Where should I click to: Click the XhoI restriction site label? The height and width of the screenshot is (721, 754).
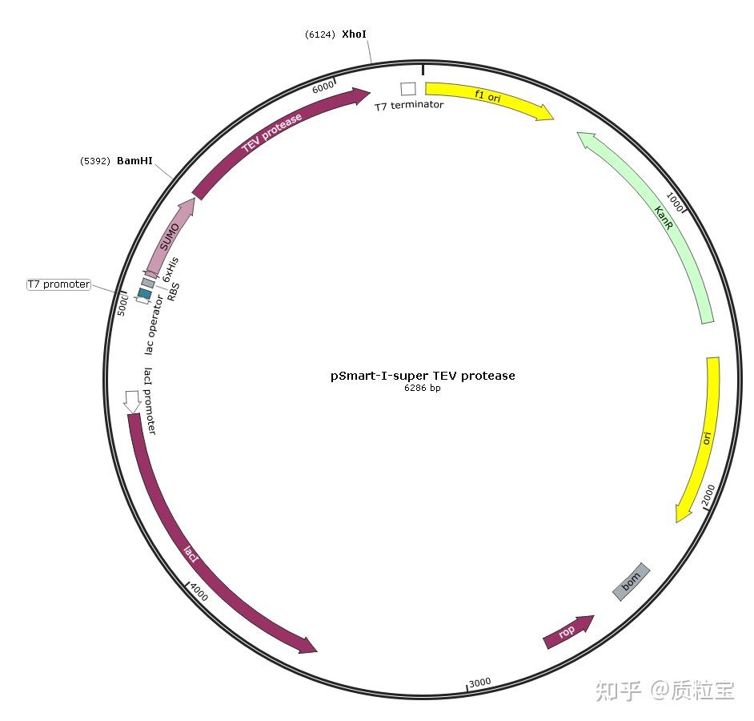[354, 34]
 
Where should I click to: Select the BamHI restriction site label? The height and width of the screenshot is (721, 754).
[134, 161]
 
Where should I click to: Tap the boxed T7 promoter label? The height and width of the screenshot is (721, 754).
[59, 284]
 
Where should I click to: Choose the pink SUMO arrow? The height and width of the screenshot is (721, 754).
[170, 236]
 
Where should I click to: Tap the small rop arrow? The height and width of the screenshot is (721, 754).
[568, 631]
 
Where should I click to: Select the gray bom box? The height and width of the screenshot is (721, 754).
[632, 581]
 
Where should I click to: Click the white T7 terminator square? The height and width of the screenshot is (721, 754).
[408, 89]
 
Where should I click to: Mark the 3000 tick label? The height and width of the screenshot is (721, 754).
[479, 683]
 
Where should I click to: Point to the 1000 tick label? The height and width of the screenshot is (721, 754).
[675, 203]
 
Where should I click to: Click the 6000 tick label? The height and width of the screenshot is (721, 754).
[323, 88]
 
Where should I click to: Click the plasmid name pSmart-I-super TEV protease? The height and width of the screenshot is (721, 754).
[423, 375]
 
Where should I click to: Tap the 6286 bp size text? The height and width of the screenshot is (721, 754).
[423, 389]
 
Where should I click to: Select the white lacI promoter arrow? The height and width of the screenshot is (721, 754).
[132, 401]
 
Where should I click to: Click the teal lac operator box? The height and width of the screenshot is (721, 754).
[145, 294]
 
